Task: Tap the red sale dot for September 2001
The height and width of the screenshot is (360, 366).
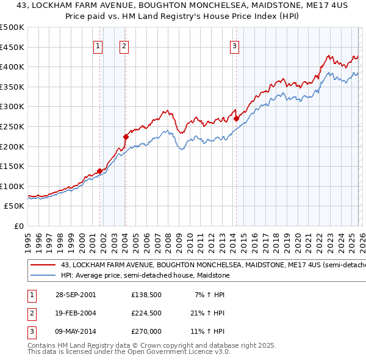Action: (x=99, y=171)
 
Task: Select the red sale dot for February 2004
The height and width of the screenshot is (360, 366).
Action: (x=126, y=137)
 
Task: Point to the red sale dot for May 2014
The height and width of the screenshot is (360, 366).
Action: (x=235, y=119)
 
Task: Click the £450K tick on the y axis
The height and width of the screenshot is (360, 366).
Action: (x=12, y=47)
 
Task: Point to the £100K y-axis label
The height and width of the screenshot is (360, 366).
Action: (x=12, y=186)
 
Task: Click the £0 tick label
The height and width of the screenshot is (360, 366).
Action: (x=19, y=226)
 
